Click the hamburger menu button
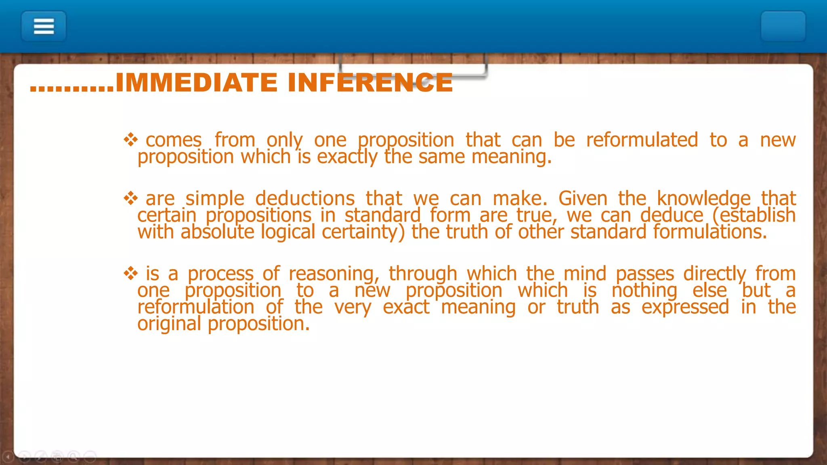(x=44, y=27)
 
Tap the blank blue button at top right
(x=783, y=27)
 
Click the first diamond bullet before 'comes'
(x=131, y=140)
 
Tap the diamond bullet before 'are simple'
(x=131, y=198)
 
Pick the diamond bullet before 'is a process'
(x=131, y=274)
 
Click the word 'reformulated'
(x=642, y=140)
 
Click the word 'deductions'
(x=305, y=199)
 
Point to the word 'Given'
(x=583, y=199)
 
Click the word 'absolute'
(x=217, y=232)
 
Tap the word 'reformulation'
(x=196, y=307)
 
